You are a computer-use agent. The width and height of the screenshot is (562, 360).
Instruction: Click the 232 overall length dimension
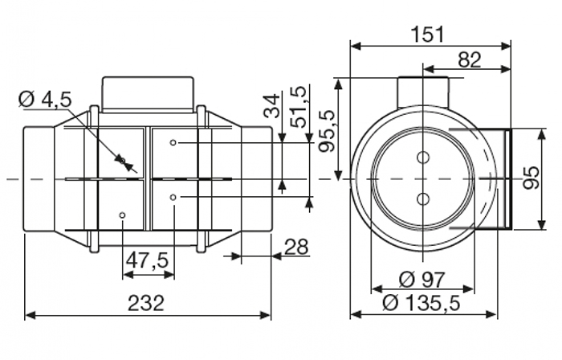click(146, 303)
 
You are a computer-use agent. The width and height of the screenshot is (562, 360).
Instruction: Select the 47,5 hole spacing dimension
click(147, 260)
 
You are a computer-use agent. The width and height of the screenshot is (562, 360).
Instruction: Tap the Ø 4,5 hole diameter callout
click(45, 100)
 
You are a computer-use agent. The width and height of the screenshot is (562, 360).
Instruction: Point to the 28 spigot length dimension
click(297, 247)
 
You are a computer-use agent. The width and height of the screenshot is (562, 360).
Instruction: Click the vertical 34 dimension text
click(271, 106)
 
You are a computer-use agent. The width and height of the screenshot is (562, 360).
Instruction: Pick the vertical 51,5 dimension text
click(299, 107)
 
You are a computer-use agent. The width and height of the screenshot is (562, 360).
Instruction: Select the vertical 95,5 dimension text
click(327, 131)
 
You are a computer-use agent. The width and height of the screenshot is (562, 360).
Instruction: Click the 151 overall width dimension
click(427, 35)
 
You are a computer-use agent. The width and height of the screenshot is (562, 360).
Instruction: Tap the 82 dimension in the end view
click(469, 60)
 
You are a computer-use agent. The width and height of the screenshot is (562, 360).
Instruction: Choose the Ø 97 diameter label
click(421, 280)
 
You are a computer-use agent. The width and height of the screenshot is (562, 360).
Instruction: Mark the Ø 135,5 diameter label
click(421, 303)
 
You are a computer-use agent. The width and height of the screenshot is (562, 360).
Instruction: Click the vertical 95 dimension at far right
click(531, 178)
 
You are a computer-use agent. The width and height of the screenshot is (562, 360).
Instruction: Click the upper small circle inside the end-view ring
click(423, 157)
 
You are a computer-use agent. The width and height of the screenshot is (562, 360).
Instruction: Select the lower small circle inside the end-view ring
click(423, 198)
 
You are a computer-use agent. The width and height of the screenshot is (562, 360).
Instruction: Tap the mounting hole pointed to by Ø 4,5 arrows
click(122, 160)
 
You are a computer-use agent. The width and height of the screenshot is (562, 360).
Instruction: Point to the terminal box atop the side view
click(149, 95)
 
